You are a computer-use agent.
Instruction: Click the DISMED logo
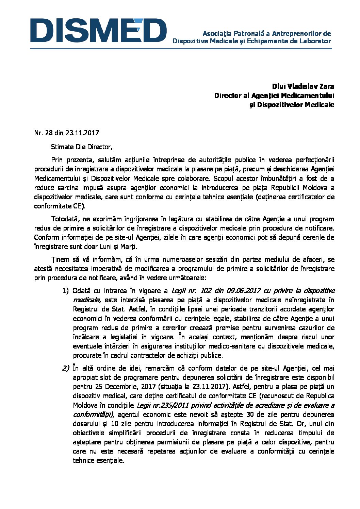click(98, 31)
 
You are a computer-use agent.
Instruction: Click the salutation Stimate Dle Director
click(81, 147)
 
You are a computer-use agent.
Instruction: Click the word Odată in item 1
click(81, 291)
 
